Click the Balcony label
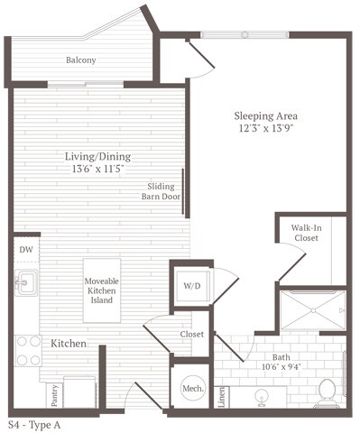point(80,61)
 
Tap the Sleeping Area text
point(265,116)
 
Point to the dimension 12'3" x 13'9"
point(265,130)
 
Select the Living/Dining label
point(98,156)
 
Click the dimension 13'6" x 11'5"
point(98,170)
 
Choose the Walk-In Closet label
point(305,234)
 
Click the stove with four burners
point(27,350)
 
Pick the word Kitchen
point(68,345)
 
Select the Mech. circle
point(191,389)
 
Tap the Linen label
point(222,394)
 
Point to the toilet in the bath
point(328,392)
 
